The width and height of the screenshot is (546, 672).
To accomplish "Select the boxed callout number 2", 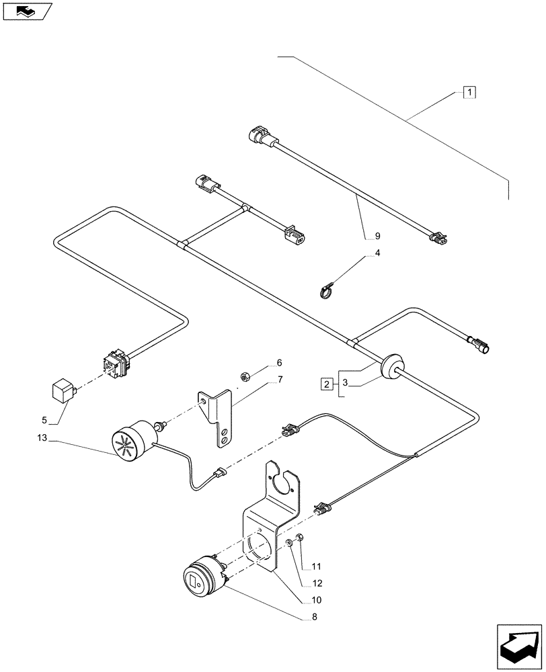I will (327, 384).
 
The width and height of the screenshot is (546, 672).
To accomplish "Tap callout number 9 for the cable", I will (377, 236).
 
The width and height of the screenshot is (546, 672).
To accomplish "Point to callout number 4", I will (377, 253).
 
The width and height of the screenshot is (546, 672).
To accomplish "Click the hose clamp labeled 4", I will (327, 291).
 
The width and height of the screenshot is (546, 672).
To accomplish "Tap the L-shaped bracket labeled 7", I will (219, 420).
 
